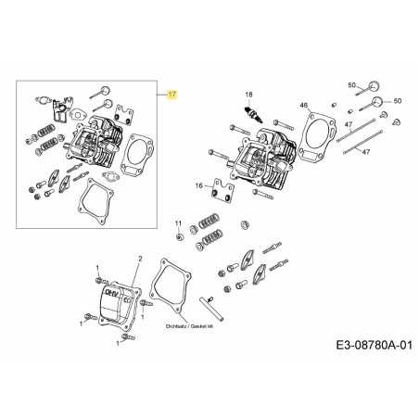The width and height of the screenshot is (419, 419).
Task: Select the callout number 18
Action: [248, 95]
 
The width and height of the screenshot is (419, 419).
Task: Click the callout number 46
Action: [304, 106]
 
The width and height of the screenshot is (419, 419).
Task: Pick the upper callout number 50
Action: [352, 85]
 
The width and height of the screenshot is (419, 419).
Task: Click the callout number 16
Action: [198, 186]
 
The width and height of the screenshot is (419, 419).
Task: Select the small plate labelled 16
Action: [221, 191]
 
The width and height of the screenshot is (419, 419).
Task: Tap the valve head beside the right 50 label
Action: [376, 100]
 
